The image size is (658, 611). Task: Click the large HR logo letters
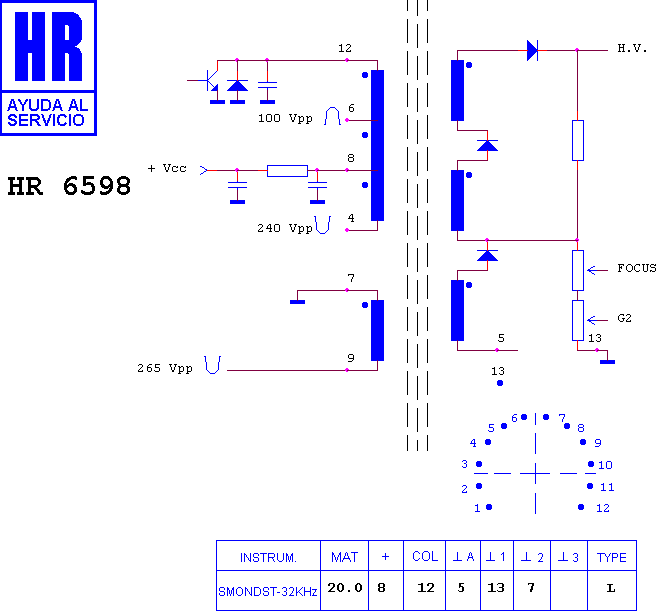click(x=49, y=46)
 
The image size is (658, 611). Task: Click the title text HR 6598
click(x=69, y=186)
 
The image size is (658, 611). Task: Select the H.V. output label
click(x=632, y=48)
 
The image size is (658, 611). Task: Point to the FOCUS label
click(x=637, y=268)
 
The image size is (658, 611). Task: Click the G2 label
click(x=624, y=318)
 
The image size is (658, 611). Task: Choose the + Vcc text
click(x=167, y=168)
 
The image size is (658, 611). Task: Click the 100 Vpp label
click(x=285, y=118)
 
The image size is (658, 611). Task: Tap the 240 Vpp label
click(x=285, y=228)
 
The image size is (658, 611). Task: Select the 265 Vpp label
click(x=165, y=368)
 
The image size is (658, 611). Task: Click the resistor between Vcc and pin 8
click(x=287, y=171)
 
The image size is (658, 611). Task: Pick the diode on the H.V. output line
click(x=533, y=50)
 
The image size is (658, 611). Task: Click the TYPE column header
click(x=611, y=557)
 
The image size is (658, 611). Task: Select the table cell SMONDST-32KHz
click(x=268, y=592)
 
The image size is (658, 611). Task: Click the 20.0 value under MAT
click(x=345, y=588)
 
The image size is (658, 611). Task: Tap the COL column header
click(x=425, y=556)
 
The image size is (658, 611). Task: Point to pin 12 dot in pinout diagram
click(x=581, y=507)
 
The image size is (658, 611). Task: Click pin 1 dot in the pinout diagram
click(x=489, y=507)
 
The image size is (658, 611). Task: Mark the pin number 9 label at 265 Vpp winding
click(x=351, y=358)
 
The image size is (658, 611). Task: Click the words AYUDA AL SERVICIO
click(x=47, y=112)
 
